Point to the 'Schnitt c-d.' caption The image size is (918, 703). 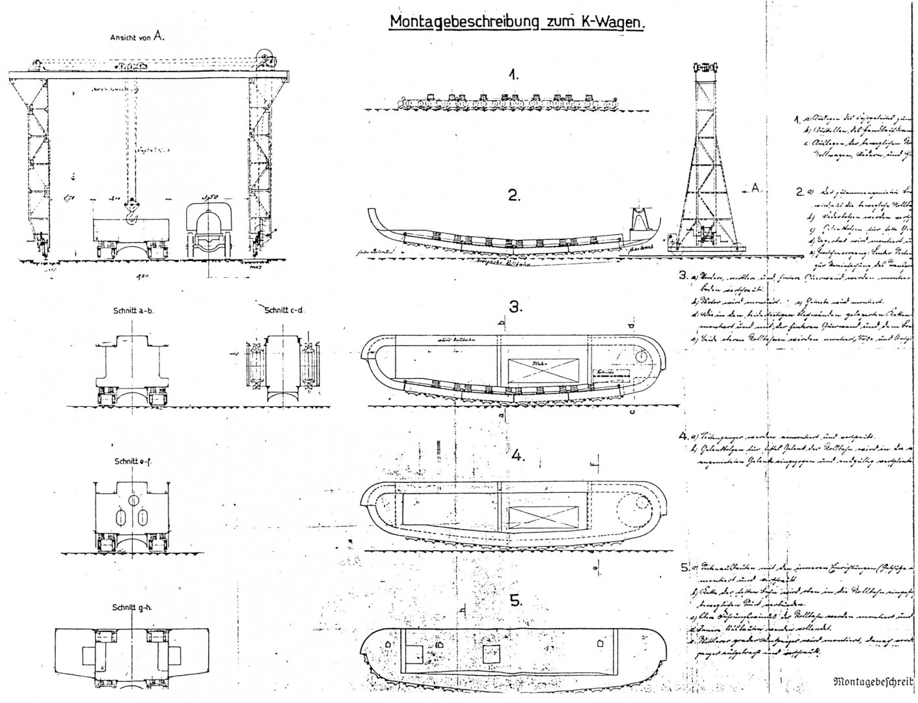pyautogui.click(x=285, y=310)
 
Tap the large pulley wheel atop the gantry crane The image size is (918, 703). pyautogui.click(x=265, y=59)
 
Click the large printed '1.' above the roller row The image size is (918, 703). pyautogui.click(x=514, y=75)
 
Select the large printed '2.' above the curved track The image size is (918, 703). pyautogui.click(x=514, y=195)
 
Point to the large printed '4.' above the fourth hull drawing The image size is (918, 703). pyautogui.click(x=518, y=455)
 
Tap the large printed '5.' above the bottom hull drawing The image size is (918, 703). pyautogui.click(x=516, y=601)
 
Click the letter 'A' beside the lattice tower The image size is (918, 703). pyautogui.click(x=755, y=187)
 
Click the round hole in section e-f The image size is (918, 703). pyautogui.click(x=133, y=500)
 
